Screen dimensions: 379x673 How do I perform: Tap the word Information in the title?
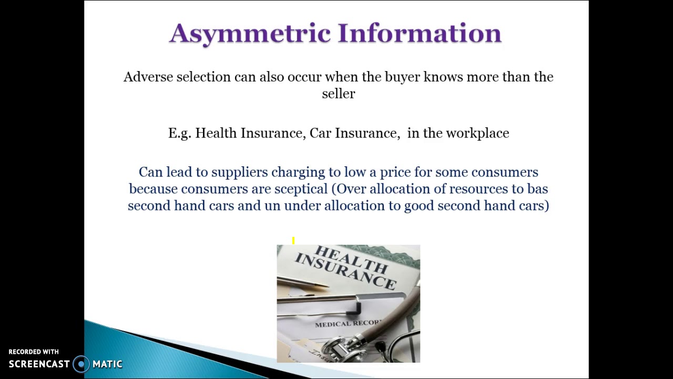pos(420,34)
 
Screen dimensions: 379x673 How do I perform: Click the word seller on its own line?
pos(338,94)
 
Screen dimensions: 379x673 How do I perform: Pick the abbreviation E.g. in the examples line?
pos(179,133)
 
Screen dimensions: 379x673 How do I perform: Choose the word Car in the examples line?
pos(320,133)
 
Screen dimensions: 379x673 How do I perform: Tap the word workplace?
pos(477,133)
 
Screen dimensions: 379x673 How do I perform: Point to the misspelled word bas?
pos(537,189)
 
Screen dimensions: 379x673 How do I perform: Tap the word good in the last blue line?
pos(419,206)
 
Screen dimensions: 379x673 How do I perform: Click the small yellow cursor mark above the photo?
pos(293,241)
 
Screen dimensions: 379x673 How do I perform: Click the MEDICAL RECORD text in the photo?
pos(348,324)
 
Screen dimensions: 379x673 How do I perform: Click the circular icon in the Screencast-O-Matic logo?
pos(81,364)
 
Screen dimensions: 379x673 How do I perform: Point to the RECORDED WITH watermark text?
pos(34,352)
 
